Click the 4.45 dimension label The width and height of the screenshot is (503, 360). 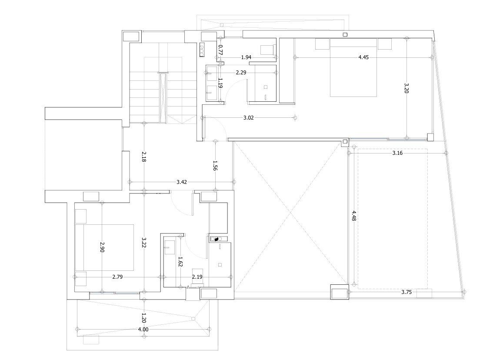[363, 57]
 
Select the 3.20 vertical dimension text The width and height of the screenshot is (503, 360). [406, 88]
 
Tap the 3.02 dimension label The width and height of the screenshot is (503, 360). [248, 117]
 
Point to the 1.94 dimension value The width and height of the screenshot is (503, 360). [247, 57]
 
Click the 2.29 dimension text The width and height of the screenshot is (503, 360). [241, 73]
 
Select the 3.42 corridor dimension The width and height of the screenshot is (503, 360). [182, 182]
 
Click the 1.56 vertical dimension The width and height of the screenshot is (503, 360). [215, 165]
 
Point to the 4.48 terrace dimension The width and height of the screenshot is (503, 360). [354, 216]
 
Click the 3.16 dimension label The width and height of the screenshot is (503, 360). [397, 153]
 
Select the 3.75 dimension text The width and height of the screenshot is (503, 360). [406, 292]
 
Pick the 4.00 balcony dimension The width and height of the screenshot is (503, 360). [143, 330]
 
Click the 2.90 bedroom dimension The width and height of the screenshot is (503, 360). [102, 247]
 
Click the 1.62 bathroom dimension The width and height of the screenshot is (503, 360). [180, 262]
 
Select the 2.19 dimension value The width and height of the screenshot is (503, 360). [197, 277]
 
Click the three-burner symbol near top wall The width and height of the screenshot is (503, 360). [202, 50]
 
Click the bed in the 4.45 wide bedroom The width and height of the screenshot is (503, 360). [353, 67]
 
